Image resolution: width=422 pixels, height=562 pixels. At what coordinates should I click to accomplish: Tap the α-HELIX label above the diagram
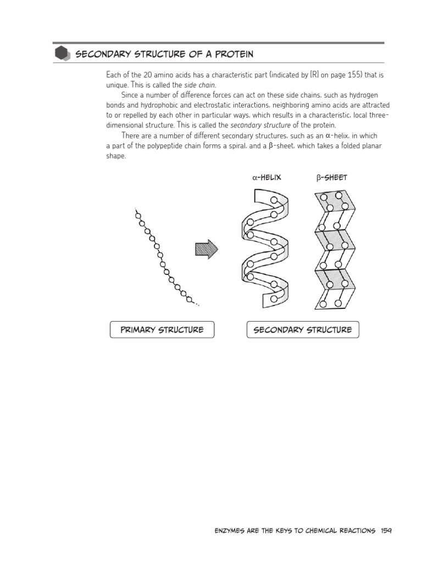coord(266,177)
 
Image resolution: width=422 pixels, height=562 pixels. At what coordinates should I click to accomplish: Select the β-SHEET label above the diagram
coord(332,177)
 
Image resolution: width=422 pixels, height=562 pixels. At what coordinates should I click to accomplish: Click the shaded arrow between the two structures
coord(206,250)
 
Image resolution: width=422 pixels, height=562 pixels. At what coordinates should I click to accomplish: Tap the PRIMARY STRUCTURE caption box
coord(162,330)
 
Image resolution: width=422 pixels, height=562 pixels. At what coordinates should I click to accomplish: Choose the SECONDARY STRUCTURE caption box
coord(302,330)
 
